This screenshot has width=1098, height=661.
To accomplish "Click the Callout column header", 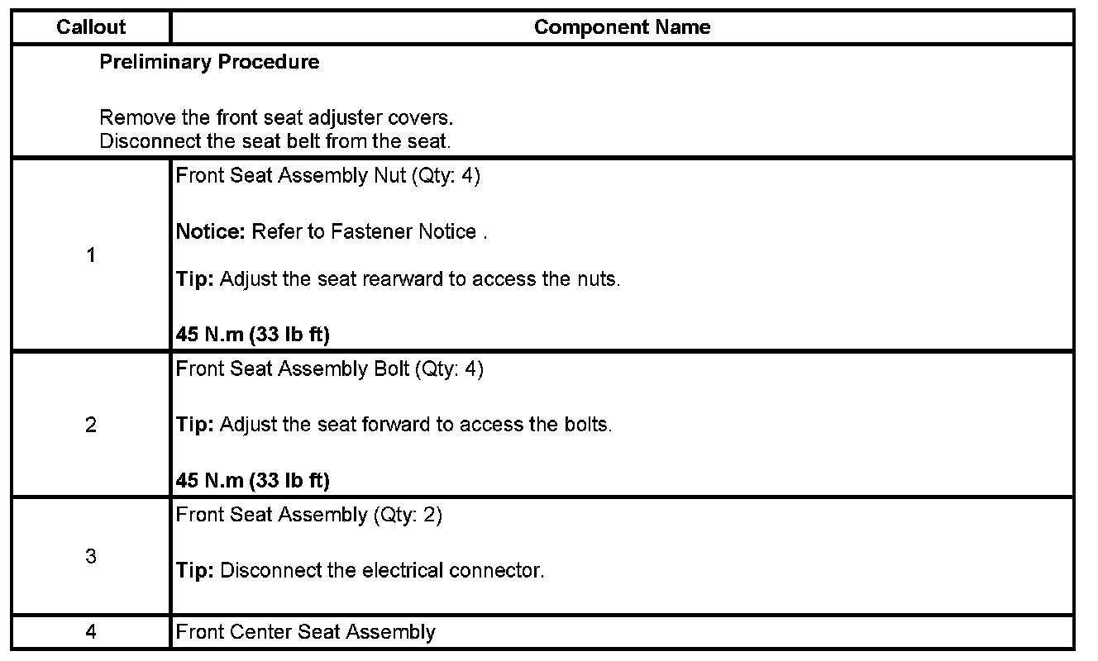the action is tap(91, 27).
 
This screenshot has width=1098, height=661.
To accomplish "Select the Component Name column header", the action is tap(622, 27).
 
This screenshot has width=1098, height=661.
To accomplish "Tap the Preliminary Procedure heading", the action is tap(209, 62).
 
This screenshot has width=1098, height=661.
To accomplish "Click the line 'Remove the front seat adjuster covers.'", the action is tap(276, 118).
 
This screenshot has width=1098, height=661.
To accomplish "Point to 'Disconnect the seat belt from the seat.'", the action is tap(275, 140).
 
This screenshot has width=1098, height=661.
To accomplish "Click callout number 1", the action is tap(91, 255).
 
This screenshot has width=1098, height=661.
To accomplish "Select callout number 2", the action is tap(91, 425).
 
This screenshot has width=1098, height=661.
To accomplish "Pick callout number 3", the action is tap(91, 556).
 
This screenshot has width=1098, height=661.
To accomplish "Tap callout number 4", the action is tap(91, 632).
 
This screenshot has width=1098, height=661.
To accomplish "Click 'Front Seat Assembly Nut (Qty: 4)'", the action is tap(327, 177).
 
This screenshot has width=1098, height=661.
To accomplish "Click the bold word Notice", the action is tap(210, 232).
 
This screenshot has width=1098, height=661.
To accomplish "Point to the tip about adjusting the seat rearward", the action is tap(398, 279).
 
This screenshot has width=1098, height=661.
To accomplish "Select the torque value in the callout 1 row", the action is tap(252, 335).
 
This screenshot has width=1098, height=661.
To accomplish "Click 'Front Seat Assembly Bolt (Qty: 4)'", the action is tap(329, 369).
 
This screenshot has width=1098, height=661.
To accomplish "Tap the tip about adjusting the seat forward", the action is tap(394, 425).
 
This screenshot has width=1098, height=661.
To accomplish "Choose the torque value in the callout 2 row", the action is tap(252, 480).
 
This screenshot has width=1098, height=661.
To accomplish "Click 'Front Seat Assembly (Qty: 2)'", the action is tap(309, 516).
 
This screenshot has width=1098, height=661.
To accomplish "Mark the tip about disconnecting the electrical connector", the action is tap(360, 570).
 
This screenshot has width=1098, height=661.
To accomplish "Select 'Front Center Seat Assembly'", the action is tap(305, 633).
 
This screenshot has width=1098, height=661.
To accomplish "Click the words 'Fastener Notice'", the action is tap(403, 232).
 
